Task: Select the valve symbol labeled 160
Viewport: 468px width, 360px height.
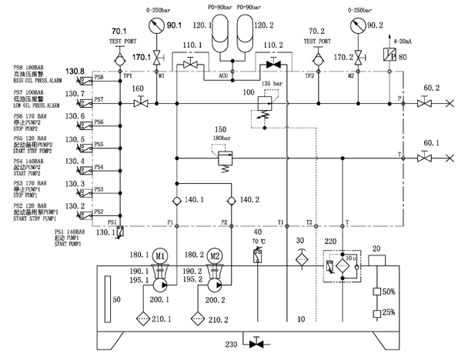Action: pyautogui.click(x=139, y=101)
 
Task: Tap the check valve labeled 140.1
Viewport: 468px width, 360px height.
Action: pyautogui.click(x=176, y=202)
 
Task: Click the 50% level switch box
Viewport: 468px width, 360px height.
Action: pyautogui.click(x=379, y=292)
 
